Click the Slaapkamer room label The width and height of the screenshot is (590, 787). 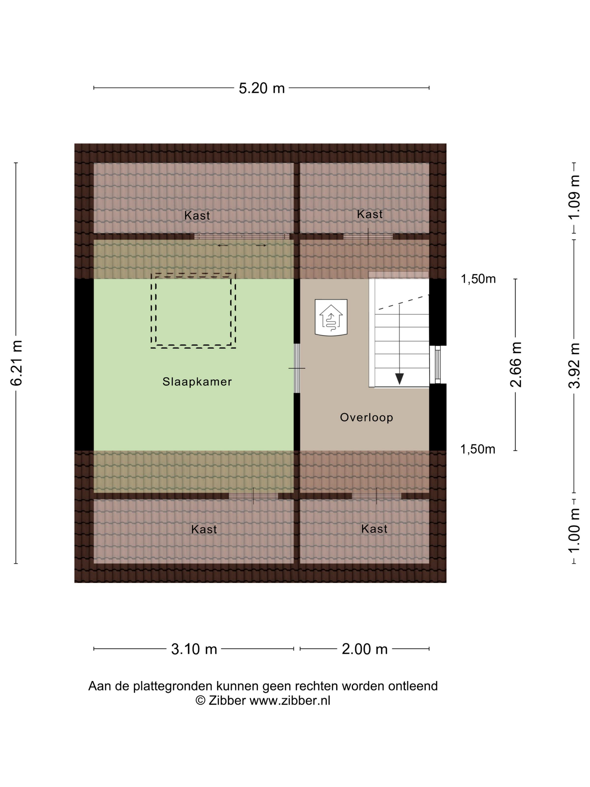click(x=197, y=381)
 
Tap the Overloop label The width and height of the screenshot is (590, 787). click(x=366, y=417)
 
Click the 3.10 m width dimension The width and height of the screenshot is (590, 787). click(x=194, y=649)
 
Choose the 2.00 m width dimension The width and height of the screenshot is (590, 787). click(x=364, y=649)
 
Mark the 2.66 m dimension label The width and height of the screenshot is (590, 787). click(x=516, y=364)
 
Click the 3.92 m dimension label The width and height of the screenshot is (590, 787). click(x=574, y=366)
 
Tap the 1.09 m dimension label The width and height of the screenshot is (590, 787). click(x=574, y=198)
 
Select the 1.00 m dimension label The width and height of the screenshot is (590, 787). click(x=574, y=530)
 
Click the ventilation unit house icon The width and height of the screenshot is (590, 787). click(x=331, y=317)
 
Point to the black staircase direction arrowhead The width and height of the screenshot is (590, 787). click(x=400, y=379)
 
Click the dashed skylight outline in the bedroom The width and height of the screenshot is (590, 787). click(x=193, y=274)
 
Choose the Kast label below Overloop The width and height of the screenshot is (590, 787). click(x=374, y=529)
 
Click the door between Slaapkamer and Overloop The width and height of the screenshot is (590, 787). click(x=297, y=368)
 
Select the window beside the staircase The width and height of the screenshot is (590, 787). click(x=438, y=365)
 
